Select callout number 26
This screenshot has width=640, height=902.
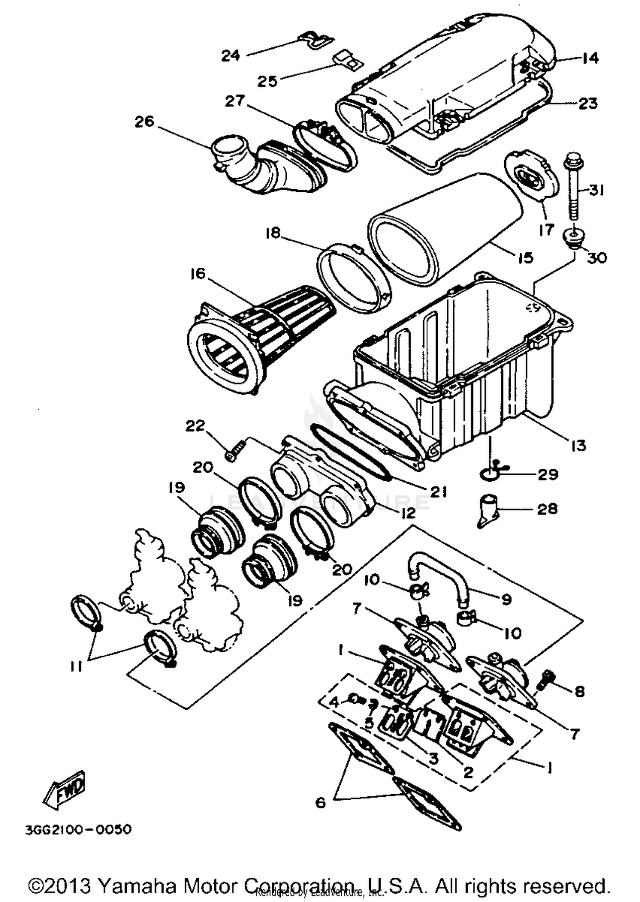pos(144,122)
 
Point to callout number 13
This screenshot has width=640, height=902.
pos(579,445)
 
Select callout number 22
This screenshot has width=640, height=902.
pos(195,426)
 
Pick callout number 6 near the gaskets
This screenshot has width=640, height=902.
pos(320,802)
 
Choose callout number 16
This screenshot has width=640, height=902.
pos(198,274)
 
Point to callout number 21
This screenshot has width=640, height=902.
pos(438,491)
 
